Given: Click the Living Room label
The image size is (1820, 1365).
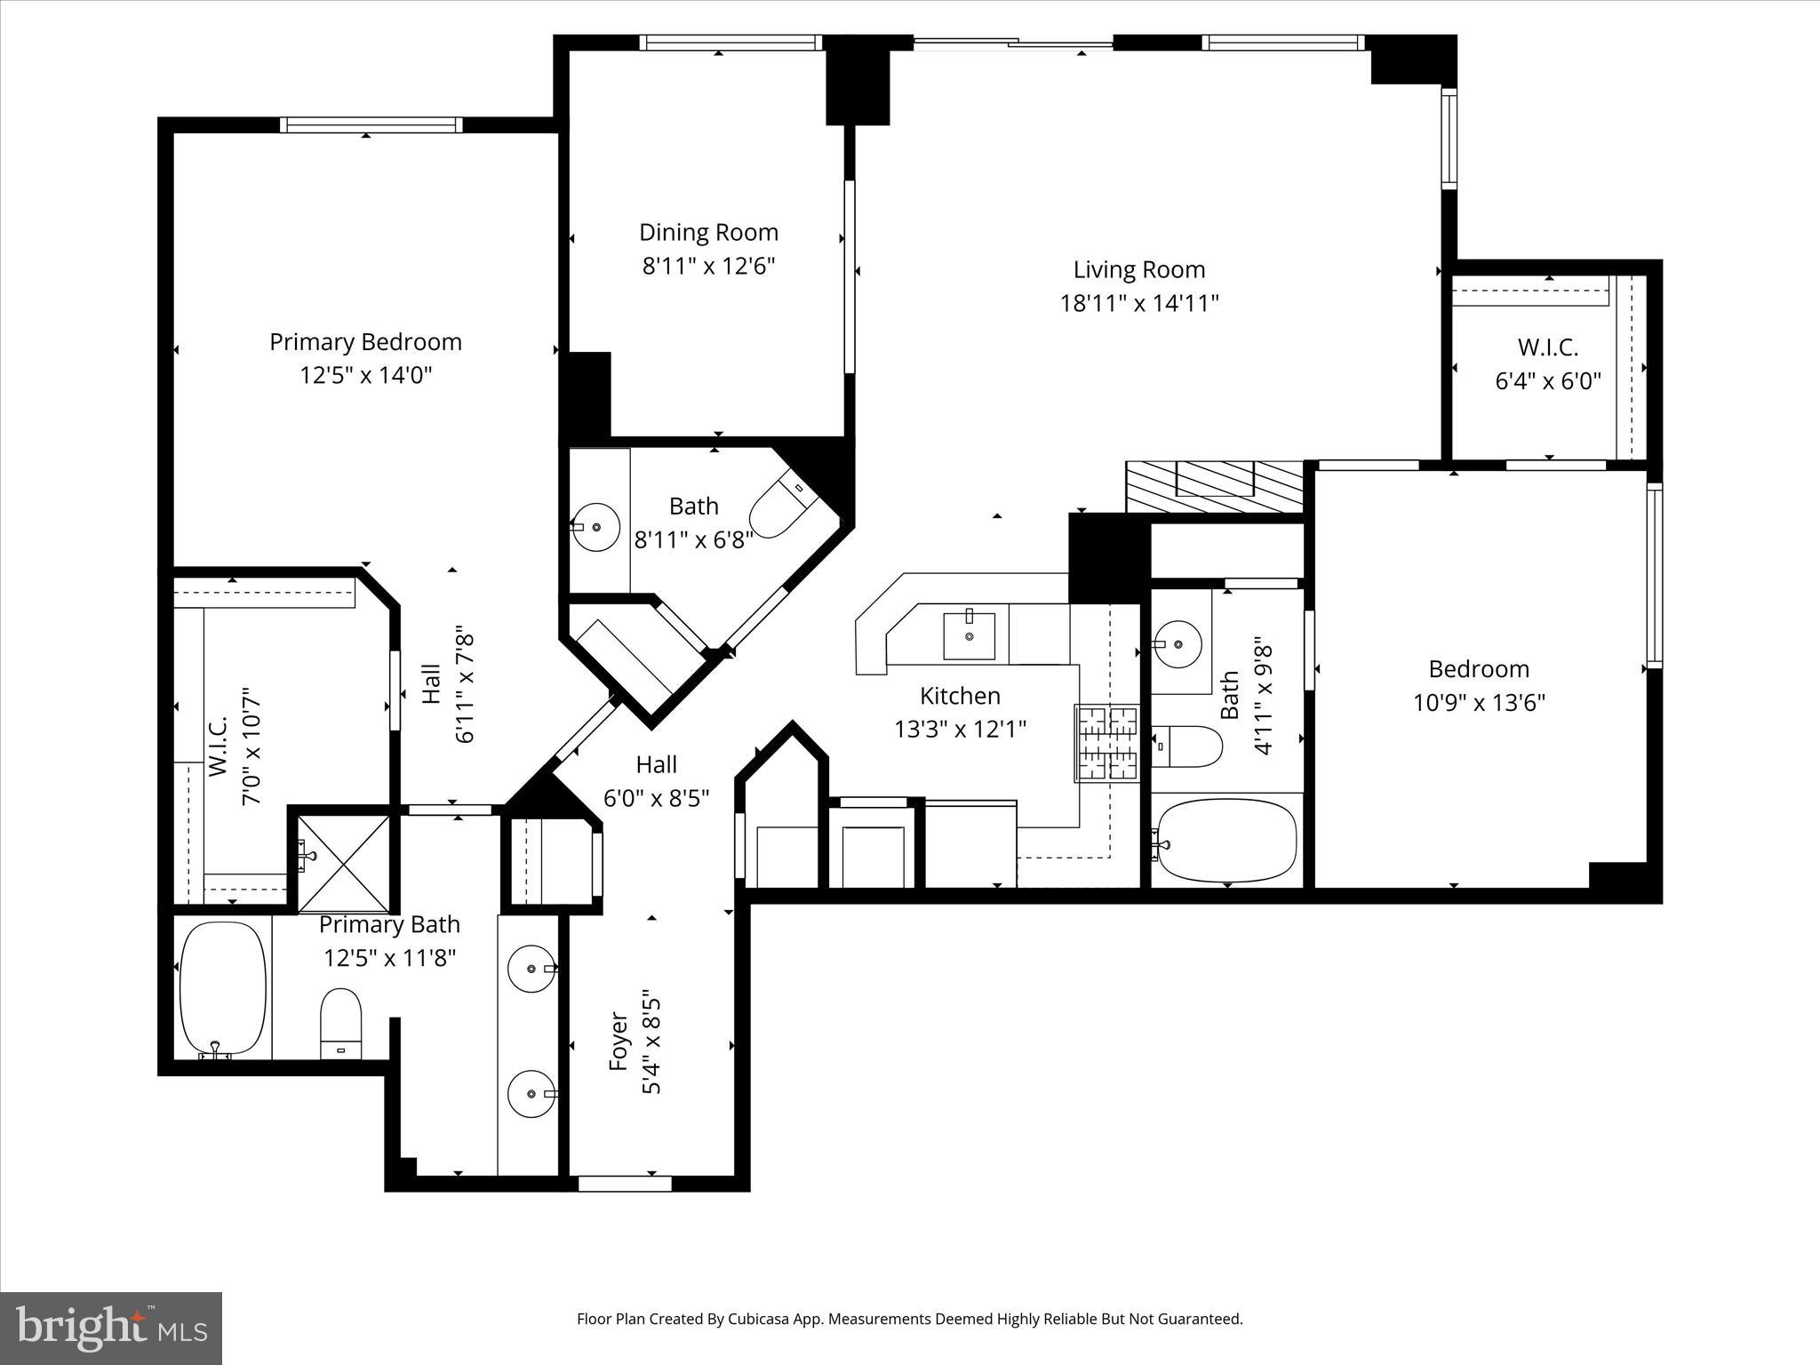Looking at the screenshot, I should click(x=1138, y=269).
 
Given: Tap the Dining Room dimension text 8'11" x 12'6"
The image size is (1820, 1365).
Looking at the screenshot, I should click(x=708, y=266).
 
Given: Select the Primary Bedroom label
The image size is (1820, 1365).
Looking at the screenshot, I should click(x=365, y=342).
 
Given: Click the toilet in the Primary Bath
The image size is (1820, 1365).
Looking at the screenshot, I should click(x=340, y=1023).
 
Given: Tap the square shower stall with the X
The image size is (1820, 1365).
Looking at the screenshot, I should click(x=343, y=862).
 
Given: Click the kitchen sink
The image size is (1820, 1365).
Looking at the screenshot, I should click(x=969, y=635).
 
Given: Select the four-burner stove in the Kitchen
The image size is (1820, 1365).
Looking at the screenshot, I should click(x=1106, y=743).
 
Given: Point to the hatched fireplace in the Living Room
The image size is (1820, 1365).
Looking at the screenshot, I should click(x=1214, y=486).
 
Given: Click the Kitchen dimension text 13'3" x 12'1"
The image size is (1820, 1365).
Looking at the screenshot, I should click(x=960, y=730).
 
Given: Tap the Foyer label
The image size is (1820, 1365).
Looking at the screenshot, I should click(x=619, y=1042).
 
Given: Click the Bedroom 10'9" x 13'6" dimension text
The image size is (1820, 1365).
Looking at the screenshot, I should click(x=1479, y=703).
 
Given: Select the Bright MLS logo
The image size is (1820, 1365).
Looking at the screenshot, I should click(x=111, y=1327).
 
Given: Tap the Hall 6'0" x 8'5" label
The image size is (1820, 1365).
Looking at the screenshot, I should click(x=656, y=764).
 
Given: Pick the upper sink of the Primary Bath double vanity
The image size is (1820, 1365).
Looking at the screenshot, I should click(x=531, y=968).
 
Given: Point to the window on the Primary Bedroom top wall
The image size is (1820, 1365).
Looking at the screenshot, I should click(x=371, y=125).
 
